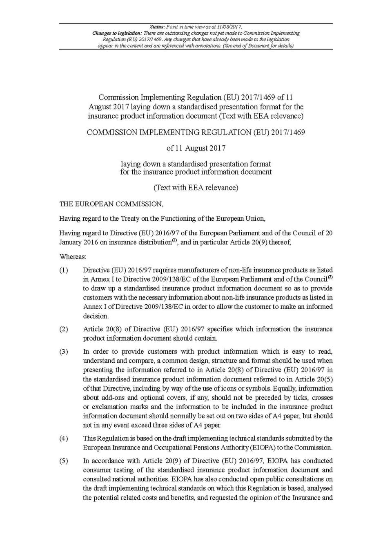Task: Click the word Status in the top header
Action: (157, 27)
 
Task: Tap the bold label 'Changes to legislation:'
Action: (117, 33)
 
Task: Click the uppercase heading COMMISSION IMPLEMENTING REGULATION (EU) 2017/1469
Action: (196, 132)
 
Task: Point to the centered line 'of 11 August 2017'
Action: (196, 148)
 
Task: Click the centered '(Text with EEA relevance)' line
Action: (196, 188)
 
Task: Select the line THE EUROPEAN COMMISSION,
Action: (111, 204)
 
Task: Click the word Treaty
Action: (130, 219)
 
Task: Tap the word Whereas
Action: (73, 257)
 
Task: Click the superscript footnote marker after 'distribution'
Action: (174, 240)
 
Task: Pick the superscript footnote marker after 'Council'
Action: (330, 277)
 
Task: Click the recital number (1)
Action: (64, 270)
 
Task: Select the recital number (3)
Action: (64, 352)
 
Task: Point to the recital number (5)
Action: (64, 461)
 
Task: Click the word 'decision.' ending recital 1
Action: (96, 316)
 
